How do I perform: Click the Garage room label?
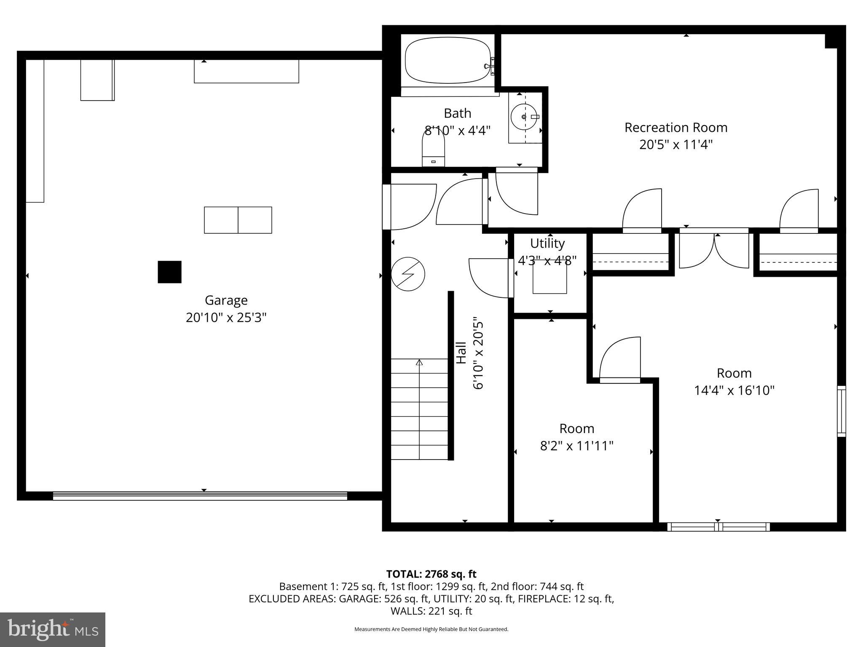coord(226,300)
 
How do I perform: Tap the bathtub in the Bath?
coord(447,61)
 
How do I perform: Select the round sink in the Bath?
coord(524,117)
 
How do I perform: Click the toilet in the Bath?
coord(433,147)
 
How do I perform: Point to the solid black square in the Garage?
coord(169,272)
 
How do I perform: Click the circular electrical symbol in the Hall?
coord(407,274)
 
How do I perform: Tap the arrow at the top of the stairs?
coord(419,362)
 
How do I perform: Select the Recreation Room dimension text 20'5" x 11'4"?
coord(675,145)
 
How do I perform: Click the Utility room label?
coord(547,243)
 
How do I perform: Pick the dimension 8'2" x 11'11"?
coord(576,446)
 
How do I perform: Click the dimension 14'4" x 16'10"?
coord(734,390)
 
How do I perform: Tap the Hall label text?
coord(462,353)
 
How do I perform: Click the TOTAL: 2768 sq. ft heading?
coord(431,574)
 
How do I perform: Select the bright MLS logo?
coord(53,629)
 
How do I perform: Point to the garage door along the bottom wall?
coord(200,496)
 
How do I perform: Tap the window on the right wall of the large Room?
coord(841,411)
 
